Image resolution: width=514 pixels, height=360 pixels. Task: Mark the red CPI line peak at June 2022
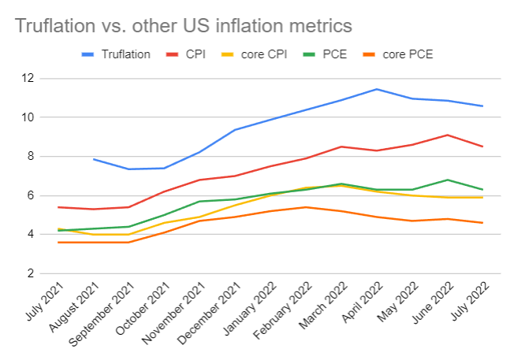[449, 135]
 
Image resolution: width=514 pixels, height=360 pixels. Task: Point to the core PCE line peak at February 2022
[307, 207]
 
